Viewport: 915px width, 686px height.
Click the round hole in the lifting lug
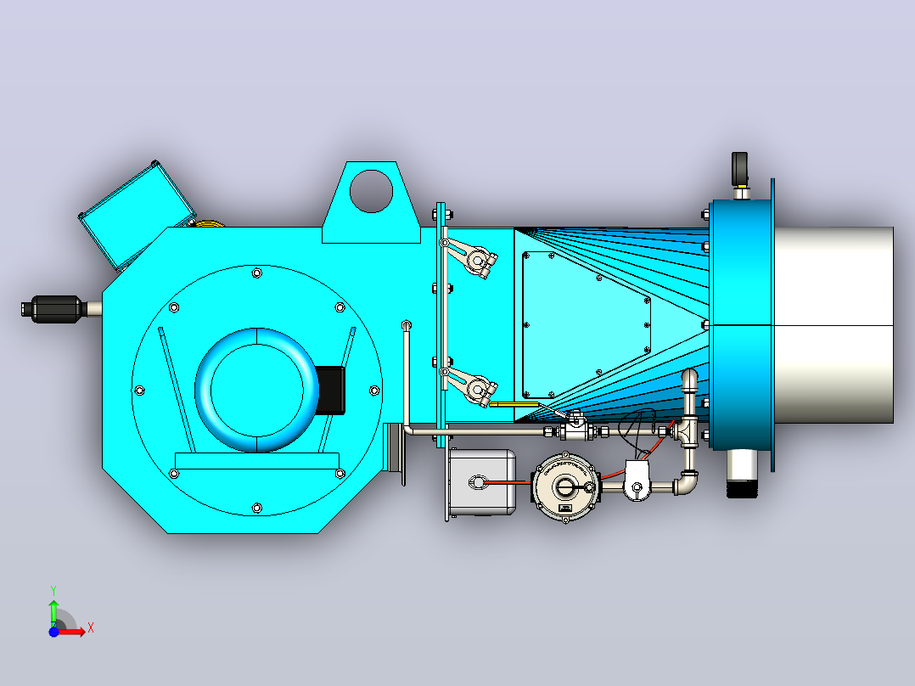point(371,191)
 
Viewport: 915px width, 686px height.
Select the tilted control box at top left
point(137,216)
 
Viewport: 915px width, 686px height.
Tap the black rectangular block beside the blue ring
point(330,390)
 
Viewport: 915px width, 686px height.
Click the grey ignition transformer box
point(483,482)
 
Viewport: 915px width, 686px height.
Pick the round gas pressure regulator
point(565,486)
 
